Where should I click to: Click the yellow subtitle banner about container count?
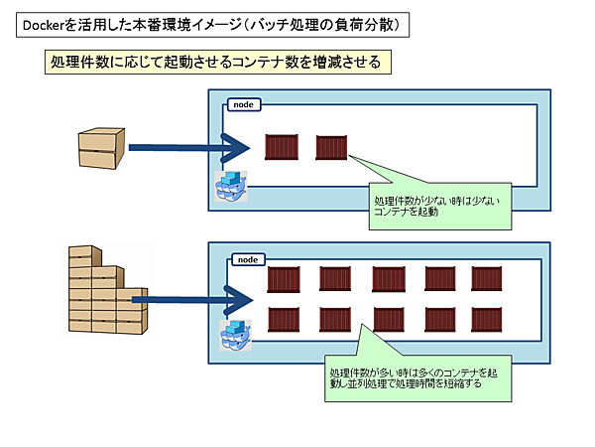click(212, 62)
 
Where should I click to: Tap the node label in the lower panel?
click(247, 259)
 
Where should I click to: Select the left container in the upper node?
click(283, 148)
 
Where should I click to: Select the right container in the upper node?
click(330, 148)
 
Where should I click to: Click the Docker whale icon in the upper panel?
click(232, 187)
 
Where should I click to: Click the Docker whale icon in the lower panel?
click(235, 334)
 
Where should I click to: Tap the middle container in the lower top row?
click(388, 280)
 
